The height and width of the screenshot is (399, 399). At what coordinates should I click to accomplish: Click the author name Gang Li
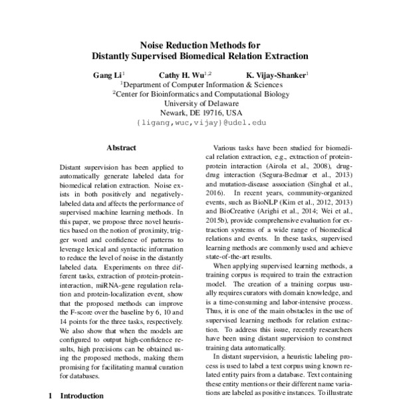pos(106,75)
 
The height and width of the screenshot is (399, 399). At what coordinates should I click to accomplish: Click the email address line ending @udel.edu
pos(201,123)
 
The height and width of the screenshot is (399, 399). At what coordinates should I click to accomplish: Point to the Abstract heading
pos(121,148)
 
